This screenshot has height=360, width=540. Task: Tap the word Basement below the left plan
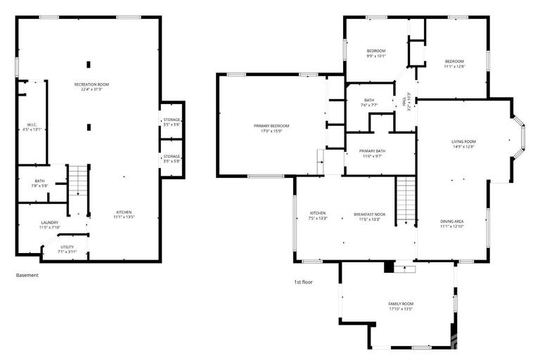tap(27, 275)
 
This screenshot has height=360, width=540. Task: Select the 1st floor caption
tap(303, 281)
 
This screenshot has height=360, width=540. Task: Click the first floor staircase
tap(406, 200)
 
